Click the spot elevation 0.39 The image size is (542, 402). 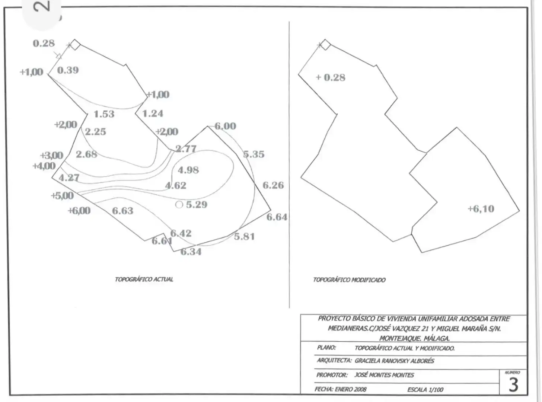click(68, 70)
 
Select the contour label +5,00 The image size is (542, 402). click(62, 195)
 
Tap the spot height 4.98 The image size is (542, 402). click(188, 170)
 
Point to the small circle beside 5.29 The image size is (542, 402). click(179, 205)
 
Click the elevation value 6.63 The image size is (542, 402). click(123, 211)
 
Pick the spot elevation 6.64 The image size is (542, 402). click(277, 217)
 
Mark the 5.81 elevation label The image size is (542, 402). click(244, 237)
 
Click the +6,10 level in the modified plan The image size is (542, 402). click(481, 209)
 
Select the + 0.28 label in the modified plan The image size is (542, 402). click(331, 77)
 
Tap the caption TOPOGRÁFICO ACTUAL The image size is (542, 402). click(144, 279)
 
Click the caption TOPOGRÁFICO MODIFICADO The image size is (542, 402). click(349, 280)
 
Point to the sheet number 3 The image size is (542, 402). click(513, 385)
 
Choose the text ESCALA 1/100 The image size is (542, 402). click(425, 390)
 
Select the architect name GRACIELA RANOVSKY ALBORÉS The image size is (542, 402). click(395, 361)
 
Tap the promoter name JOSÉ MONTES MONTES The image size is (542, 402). click(384, 375)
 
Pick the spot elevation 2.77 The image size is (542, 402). click(186, 149)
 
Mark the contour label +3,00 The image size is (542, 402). click(52, 156)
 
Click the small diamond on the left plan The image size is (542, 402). click(75, 45)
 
